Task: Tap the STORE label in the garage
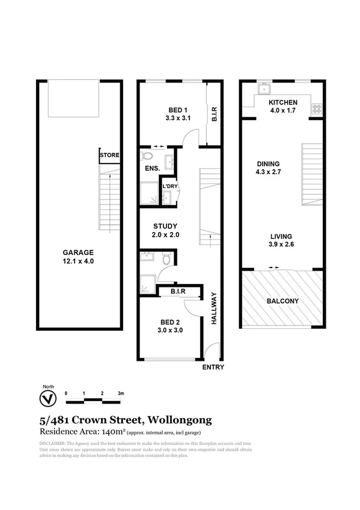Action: tap(109, 155)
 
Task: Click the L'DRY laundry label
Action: tap(170, 186)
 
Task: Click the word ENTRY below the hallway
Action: tap(213, 367)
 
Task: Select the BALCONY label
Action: tap(282, 301)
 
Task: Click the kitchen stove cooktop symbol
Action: tap(316, 109)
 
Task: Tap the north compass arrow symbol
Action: tap(44, 398)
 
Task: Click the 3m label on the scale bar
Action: tap(121, 393)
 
